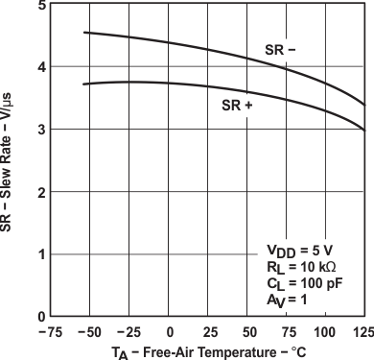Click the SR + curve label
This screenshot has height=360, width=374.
236,106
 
